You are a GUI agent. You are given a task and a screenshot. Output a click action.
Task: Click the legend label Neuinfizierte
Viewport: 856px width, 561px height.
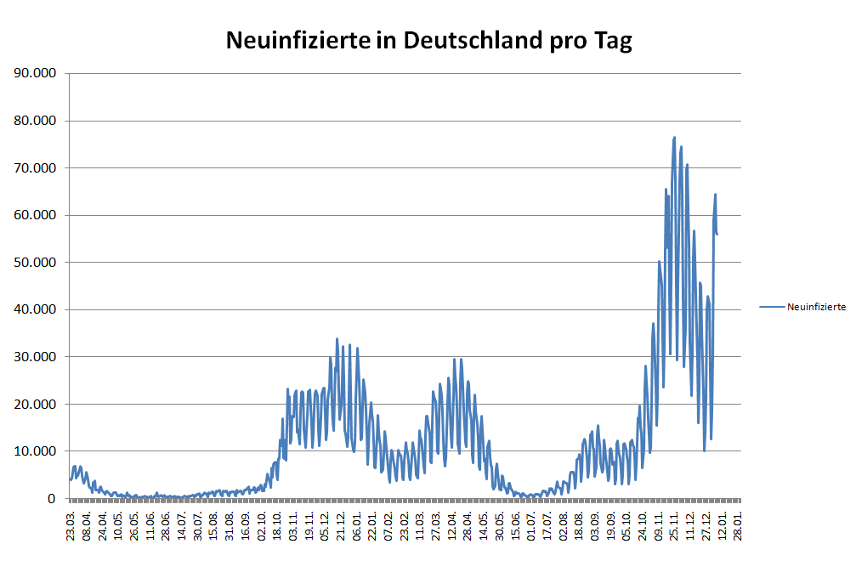pyautogui.click(x=816, y=307)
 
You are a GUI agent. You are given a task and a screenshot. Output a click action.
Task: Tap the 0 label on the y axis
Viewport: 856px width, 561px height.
pyautogui.click(x=53, y=498)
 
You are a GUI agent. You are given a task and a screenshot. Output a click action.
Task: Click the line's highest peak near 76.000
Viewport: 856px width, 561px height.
pyautogui.click(x=674, y=138)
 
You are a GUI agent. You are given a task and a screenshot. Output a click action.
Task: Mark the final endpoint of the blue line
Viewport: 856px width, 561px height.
pyautogui.click(x=717, y=234)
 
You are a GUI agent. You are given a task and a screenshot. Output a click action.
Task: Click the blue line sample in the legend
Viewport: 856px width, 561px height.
pyautogui.click(x=771, y=307)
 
